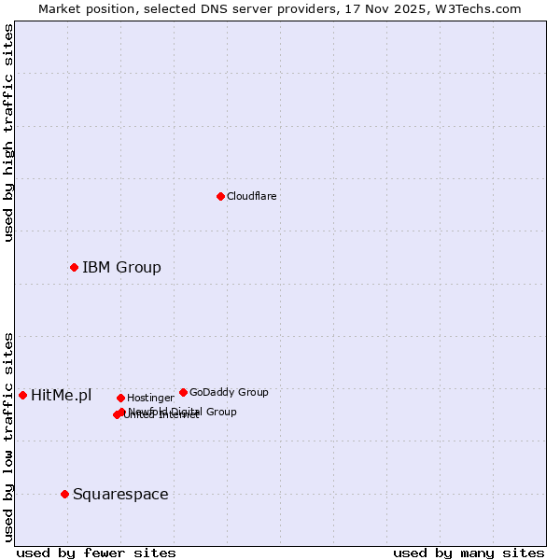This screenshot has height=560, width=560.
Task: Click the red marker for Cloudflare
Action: pyautogui.click(x=220, y=196)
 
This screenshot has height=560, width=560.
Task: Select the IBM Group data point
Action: pyautogui.click(x=74, y=268)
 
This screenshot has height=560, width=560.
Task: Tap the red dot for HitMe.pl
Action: pyautogui.click(x=22, y=395)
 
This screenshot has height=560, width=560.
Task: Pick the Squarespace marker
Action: pyautogui.click(x=64, y=494)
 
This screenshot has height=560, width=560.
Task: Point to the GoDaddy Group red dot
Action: pyautogui.click(x=183, y=392)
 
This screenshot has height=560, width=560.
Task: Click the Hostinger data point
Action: pyautogui.click(x=120, y=398)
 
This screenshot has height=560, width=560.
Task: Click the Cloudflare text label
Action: pyautogui.click(x=251, y=196)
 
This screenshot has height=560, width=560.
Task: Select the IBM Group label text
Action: pyautogui.click(x=121, y=268)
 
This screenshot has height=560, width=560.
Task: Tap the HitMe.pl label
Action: pyautogui.click(x=61, y=395)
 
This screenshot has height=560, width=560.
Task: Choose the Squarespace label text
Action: pyautogui.click(x=120, y=494)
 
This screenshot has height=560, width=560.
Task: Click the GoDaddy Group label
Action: pyautogui.click(x=229, y=392)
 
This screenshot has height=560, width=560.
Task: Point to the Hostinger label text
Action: pyautogui.click(x=150, y=398)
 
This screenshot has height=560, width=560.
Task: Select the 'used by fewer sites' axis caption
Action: pyautogui.click(x=96, y=553)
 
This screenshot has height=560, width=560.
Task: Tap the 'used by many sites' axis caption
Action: pyautogui.click(x=469, y=553)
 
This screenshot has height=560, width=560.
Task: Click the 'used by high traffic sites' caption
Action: pyautogui.click(x=9, y=133)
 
